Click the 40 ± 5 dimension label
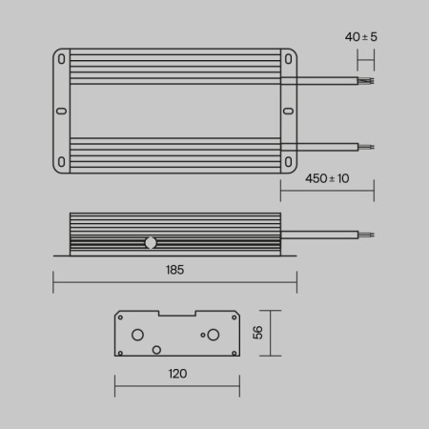click(359, 37)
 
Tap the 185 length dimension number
click(174, 270)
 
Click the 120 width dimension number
click(177, 374)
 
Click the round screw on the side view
click(151, 242)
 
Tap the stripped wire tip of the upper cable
click(367, 82)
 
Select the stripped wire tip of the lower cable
click(367, 147)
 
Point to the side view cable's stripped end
click(367, 233)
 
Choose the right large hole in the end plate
click(213, 335)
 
